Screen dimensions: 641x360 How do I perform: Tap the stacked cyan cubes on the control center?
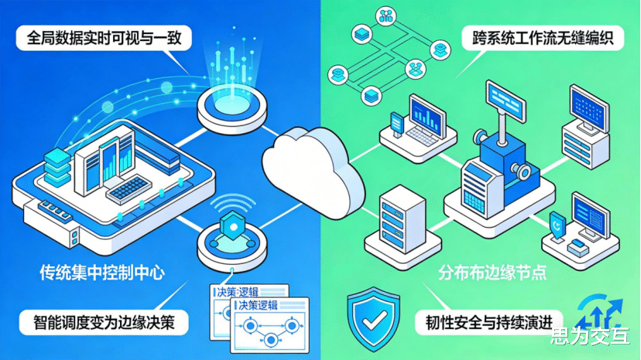coord(57,166)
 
